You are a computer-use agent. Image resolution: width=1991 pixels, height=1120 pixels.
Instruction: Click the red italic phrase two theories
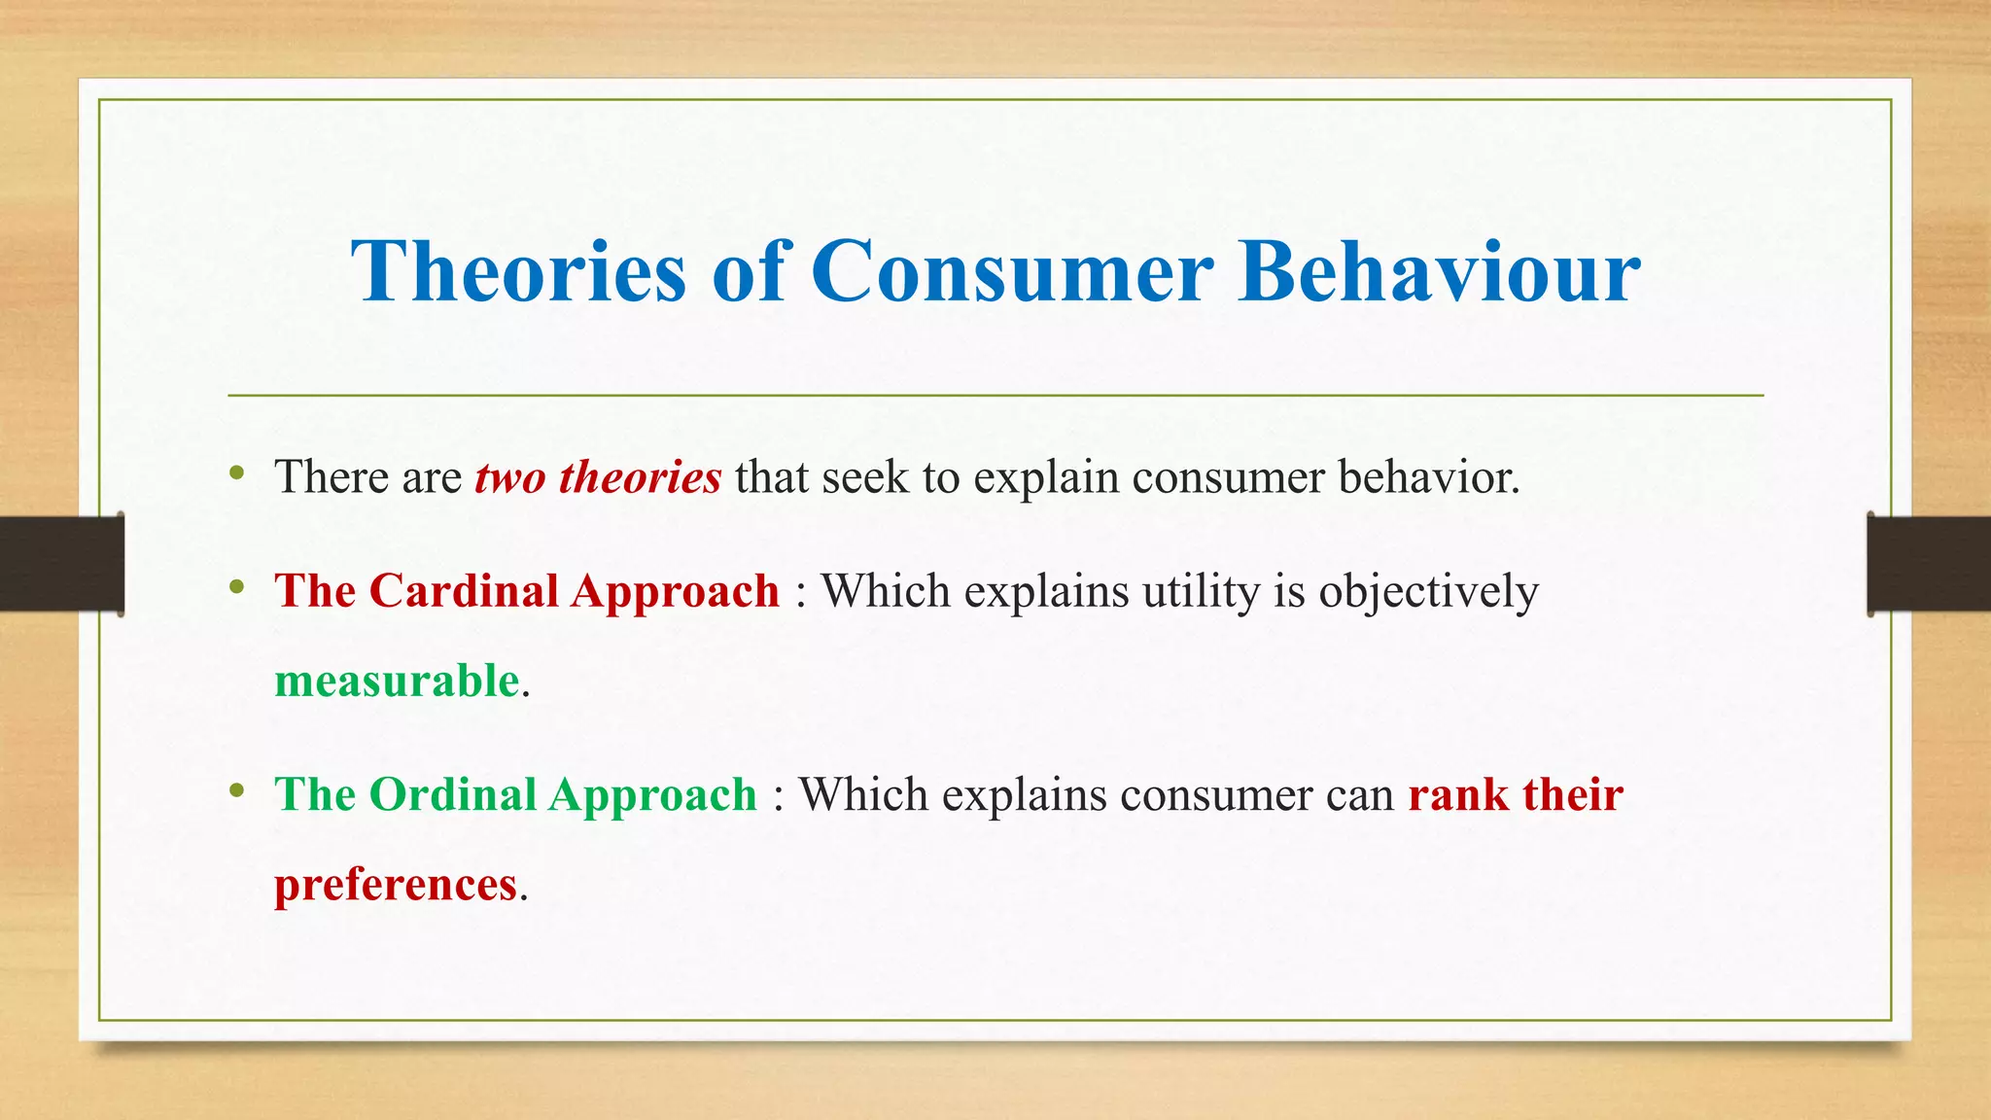pos(598,477)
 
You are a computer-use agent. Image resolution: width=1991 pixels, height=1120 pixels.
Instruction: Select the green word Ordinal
pos(452,794)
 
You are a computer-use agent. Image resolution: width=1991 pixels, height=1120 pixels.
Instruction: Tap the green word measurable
pos(397,681)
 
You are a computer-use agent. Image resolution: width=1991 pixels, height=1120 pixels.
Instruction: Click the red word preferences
pos(395,885)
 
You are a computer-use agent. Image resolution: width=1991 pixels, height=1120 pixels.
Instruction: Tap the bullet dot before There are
pos(237,474)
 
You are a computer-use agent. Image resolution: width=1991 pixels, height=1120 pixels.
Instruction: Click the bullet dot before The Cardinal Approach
pos(237,587)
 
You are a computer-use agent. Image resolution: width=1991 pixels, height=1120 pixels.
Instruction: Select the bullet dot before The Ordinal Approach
pos(237,790)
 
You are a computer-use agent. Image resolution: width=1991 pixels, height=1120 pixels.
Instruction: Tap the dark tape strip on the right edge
pos(1929,564)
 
